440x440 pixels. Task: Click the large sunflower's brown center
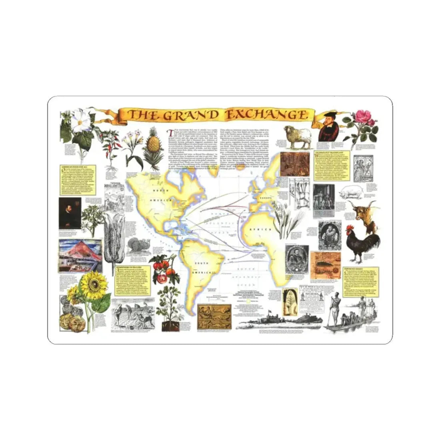tap(94, 284)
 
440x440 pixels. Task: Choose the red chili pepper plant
tap(109, 145)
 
